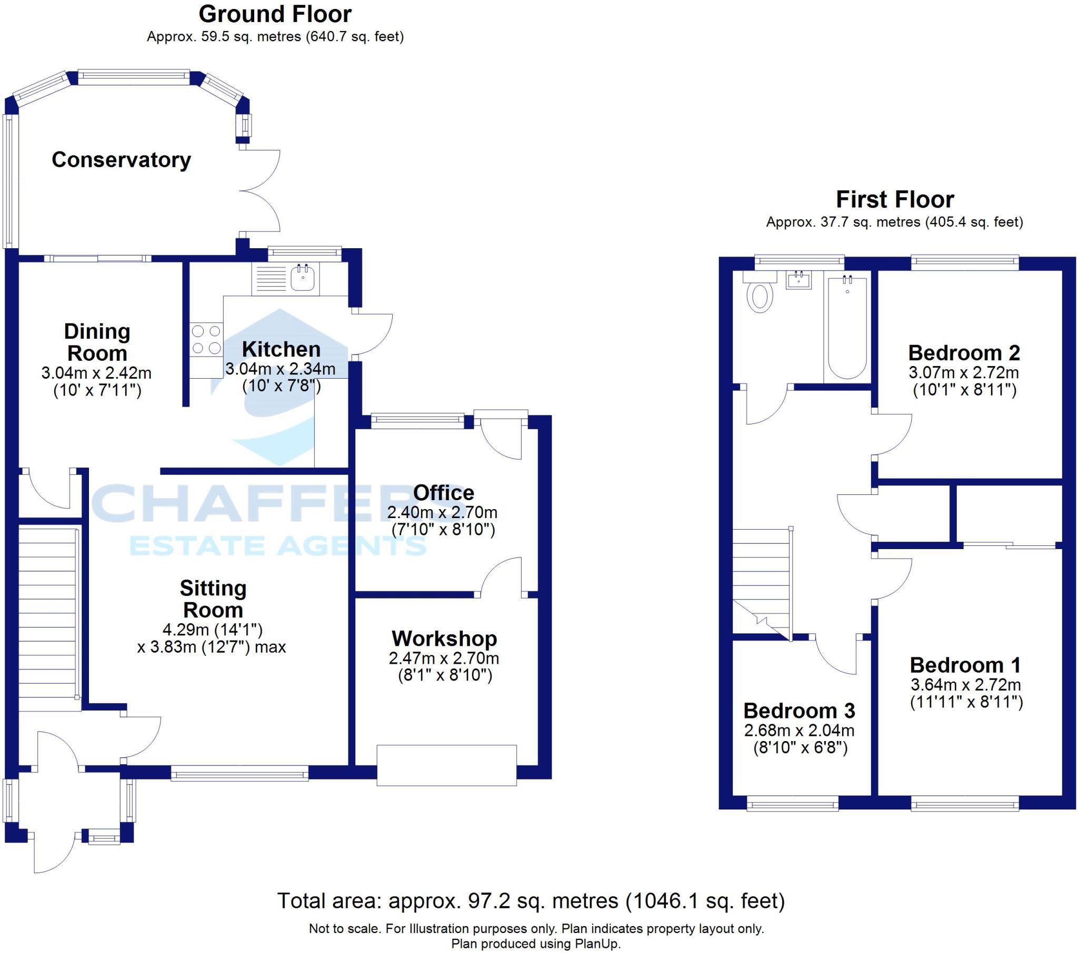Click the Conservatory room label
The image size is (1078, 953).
point(121,160)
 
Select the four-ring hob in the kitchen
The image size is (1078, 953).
point(207,339)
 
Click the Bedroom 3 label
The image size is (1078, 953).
point(799,711)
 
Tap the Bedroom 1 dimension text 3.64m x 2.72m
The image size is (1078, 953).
point(966,685)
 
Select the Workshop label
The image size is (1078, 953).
point(444,638)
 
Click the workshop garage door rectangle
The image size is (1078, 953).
point(447,765)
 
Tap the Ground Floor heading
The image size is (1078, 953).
point(275,14)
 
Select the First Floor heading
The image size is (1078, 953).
point(895,199)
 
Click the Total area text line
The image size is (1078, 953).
point(531,901)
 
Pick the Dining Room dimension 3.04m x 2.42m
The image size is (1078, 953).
point(96,373)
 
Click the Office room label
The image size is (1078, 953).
point(444,492)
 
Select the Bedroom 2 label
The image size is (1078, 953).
point(964,352)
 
